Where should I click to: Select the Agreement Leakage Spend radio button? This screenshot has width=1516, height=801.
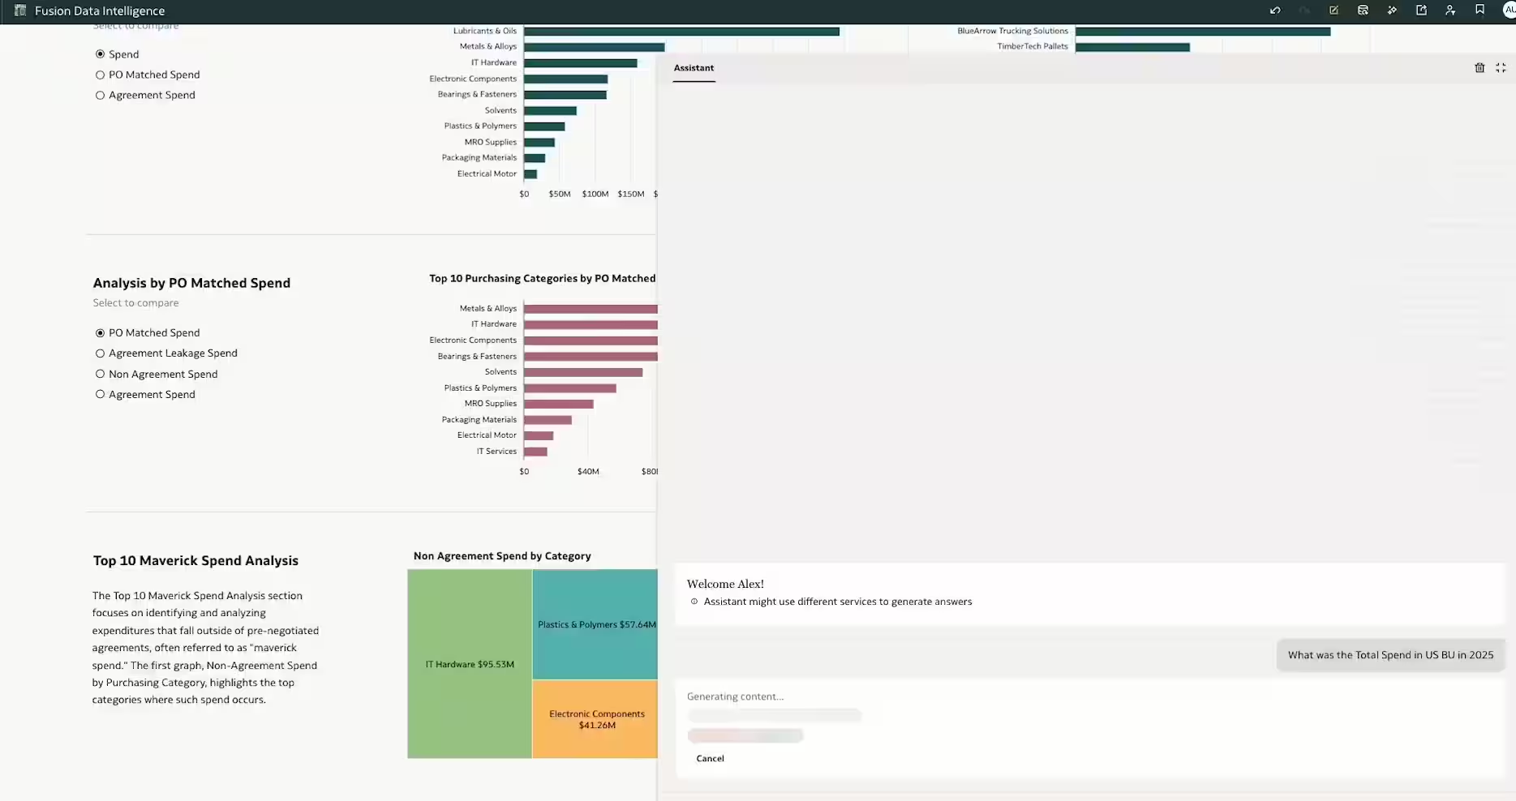click(x=101, y=353)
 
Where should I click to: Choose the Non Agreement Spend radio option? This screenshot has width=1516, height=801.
click(x=101, y=375)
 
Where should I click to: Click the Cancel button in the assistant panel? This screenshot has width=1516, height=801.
click(x=710, y=759)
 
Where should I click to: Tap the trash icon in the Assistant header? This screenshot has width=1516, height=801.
click(x=1479, y=68)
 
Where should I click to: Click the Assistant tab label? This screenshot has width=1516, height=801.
click(x=694, y=68)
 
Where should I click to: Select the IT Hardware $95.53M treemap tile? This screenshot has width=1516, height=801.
click(x=470, y=664)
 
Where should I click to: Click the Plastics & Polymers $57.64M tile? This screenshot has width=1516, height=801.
click(x=595, y=624)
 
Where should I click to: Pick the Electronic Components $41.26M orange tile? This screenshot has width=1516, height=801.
click(x=595, y=719)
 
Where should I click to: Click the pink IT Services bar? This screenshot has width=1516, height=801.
click(x=535, y=452)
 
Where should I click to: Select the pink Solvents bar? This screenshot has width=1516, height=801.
click(x=582, y=372)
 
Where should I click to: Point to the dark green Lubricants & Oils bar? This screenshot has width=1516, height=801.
click(x=681, y=32)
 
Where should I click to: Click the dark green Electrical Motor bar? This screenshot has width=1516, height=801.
click(x=530, y=174)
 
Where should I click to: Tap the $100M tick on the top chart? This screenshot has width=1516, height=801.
click(x=595, y=195)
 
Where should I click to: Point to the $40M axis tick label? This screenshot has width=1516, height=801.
click(x=588, y=472)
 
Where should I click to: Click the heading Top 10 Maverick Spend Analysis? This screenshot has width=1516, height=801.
click(x=195, y=561)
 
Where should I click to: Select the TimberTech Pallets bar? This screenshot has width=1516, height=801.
click(x=1132, y=47)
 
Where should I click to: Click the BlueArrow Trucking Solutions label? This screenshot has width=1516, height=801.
click(x=1012, y=31)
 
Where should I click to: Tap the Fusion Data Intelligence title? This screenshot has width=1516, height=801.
click(x=100, y=11)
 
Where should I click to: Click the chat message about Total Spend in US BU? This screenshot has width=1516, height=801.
click(x=1390, y=655)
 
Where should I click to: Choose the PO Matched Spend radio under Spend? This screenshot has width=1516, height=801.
click(x=101, y=75)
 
